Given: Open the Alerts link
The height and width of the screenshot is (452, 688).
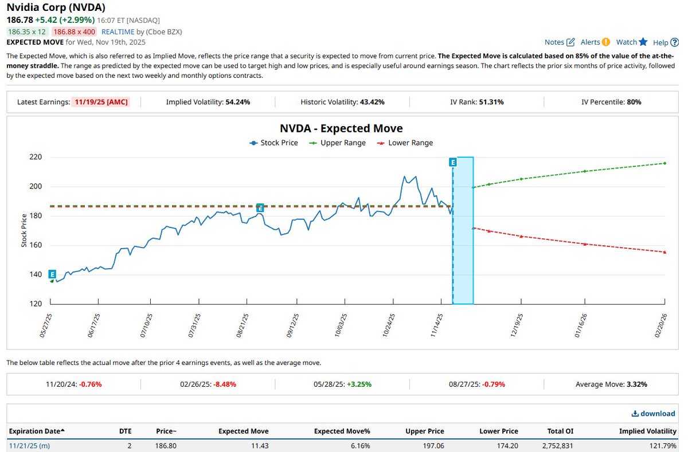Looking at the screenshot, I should (x=595, y=42).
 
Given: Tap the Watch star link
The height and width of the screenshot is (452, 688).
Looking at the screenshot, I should (x=631, y=42).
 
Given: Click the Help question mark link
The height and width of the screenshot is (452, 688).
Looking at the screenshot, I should (x=665, y=42).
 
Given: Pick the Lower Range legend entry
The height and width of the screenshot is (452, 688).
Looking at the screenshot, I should (x=405, y=143).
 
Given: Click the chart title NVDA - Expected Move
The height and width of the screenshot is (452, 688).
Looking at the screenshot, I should (x=341, y=128).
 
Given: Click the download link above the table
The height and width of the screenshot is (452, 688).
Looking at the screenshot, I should (x=653, y=413).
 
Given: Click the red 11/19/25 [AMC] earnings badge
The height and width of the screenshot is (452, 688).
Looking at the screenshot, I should (x=101, y=102).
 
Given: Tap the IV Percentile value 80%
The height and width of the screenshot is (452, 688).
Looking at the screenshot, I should (x=634, y=102).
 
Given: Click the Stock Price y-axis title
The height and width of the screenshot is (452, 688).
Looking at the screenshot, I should (x=24, y=230).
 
